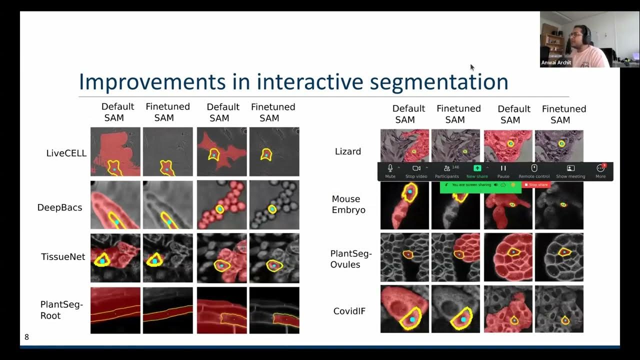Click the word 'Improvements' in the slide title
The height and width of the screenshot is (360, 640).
point(152,81)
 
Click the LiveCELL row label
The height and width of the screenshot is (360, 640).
point(66,153)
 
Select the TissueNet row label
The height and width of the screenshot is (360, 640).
point(63,257)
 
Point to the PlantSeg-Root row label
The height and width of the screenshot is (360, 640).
point(61,310)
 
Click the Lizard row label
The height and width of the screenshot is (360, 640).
point(347,151)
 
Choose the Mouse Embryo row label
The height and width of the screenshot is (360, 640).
point(348,204)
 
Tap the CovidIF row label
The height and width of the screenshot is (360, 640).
point(349,311)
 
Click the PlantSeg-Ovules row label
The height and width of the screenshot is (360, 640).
point(351,259)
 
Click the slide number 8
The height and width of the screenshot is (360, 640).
point(27,337)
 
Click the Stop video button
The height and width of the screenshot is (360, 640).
point(416,171)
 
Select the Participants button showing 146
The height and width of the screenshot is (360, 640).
point(446,171)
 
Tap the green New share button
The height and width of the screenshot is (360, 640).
point(477,171)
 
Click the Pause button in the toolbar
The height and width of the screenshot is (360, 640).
point(503,171)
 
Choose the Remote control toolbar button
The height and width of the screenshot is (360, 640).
point(534,171)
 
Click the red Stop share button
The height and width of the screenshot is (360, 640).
point(536,185)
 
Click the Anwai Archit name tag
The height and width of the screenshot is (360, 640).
point(556,63)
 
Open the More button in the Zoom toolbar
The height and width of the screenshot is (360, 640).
point(600,171)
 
